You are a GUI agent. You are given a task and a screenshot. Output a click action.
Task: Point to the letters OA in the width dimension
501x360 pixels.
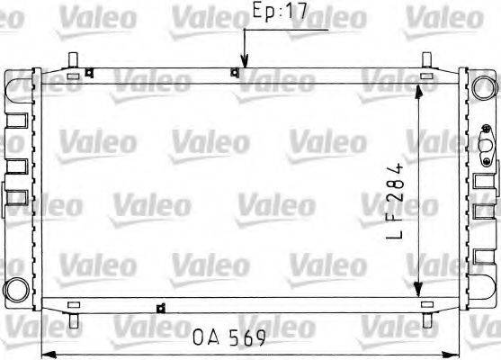click(205, 340)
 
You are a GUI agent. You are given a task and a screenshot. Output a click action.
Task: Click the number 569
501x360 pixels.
click(248, 340)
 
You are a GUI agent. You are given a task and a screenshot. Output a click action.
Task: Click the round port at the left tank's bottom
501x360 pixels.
click(17, 290)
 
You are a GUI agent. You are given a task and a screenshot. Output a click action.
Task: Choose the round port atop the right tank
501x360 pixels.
click(486, 87)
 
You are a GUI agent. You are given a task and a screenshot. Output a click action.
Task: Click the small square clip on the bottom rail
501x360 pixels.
click(162, 309)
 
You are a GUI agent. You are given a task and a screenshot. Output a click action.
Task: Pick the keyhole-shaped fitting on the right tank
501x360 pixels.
click(486, 149)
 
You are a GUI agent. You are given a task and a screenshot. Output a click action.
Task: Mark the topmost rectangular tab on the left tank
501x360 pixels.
click(17, 118)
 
